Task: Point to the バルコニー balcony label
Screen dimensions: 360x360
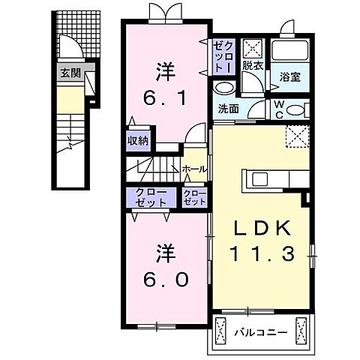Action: click(259, 330)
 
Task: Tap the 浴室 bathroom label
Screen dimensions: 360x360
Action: click(290, 76)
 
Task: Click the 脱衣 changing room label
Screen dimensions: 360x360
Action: click(251, 66)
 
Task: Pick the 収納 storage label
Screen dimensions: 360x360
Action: click(137, 139)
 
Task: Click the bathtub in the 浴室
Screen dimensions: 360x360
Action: click(289, 52)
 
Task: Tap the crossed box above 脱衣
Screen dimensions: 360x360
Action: click(251, 49)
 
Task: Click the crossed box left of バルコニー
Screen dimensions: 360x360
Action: click(222, 329)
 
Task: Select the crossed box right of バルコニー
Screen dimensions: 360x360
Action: click(301, 329)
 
